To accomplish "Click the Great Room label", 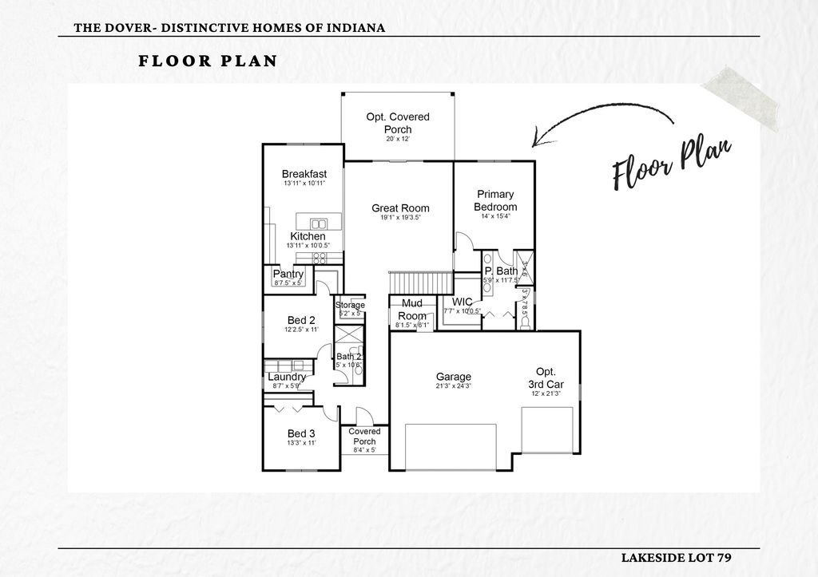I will (400, 208).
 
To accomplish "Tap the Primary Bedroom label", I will (495, 200).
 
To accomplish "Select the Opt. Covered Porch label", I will (398, 123).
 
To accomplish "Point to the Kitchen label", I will (308, 236).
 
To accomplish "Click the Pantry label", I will (288, 274).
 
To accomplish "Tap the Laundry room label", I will (287, 377).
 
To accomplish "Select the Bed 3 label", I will (301, 433).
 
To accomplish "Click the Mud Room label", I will (412, 310).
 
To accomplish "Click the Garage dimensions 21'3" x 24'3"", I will (453, 386).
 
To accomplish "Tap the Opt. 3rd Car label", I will (546, 377).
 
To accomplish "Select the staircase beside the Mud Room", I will (419, 282).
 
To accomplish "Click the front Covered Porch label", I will (364, 437).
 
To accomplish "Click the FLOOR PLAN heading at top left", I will (208, 61).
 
